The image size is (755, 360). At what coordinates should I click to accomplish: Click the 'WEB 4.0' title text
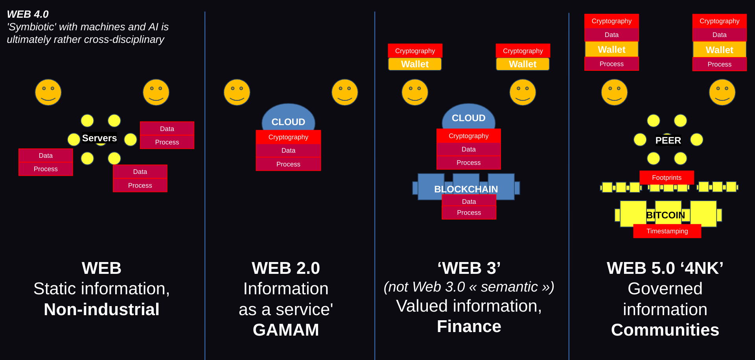point(28,14)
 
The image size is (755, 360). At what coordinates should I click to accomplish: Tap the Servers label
point(99,138)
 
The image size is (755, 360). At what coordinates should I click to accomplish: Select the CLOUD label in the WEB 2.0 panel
point(288,122)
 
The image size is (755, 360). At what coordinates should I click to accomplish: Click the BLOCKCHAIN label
point(466,189)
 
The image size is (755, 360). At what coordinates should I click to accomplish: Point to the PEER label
point(668,140)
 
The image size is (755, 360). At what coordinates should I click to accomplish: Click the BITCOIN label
point(665,215)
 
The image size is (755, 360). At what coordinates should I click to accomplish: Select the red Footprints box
point(667,177)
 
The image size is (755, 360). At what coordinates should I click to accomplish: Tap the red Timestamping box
point(667,231)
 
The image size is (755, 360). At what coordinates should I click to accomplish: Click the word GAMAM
point(286,330)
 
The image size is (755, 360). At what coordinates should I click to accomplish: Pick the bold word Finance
point(469,327)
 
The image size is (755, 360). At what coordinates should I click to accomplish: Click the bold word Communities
point(665,330)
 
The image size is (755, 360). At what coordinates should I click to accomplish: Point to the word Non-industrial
point(101,309)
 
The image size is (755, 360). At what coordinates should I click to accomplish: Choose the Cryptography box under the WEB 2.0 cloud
point(288,137)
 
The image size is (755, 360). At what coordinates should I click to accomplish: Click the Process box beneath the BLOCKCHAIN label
point(469,212)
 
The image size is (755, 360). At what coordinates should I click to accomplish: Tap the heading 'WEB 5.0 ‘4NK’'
point(665,268)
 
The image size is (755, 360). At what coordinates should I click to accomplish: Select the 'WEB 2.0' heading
point(286,268)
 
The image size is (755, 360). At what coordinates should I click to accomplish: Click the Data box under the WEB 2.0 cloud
point(288,150)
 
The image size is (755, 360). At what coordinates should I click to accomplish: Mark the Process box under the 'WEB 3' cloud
point(468,162)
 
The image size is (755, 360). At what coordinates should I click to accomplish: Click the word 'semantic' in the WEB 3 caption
point(509,287)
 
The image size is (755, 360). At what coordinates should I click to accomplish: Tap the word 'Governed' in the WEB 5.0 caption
point(665,289)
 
